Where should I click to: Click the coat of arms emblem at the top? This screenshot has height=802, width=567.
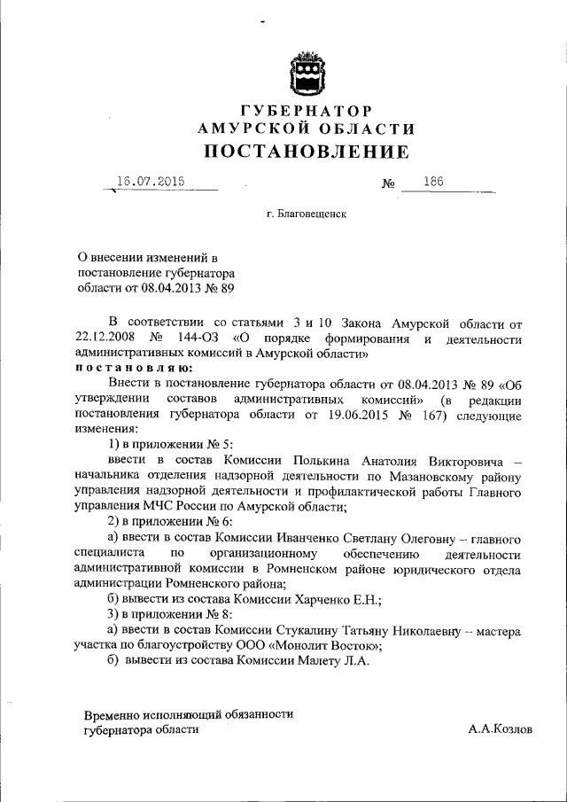pos(305,72)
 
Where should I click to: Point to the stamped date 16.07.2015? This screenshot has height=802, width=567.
pos(151,182)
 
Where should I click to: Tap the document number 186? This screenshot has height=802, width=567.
pos(434,182)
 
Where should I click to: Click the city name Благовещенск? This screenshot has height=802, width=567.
pos(310,214)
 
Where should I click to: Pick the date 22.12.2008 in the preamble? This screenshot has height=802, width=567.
pos(105,339)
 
